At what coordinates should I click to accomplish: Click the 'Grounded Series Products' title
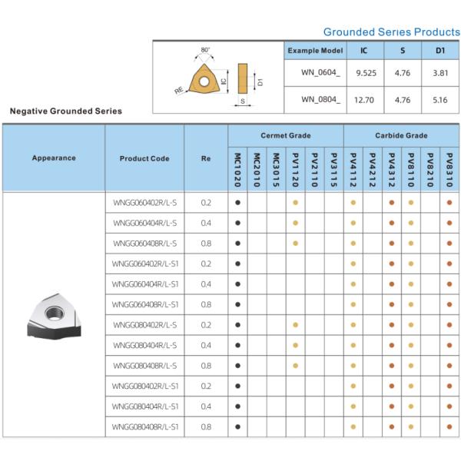coord(391,32)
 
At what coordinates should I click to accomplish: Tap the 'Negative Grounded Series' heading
coord(65,111)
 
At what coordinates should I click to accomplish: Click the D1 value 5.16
coord(440,99)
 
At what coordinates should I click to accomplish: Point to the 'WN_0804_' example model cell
coord(316,99)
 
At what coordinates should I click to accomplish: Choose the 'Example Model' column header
coord(315,51)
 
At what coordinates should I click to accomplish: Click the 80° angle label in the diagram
coord(205,50)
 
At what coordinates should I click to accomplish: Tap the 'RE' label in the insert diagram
coord(179,90)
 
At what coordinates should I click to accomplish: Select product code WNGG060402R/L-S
coord(144,203)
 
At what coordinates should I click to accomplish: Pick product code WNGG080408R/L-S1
coord(145,426)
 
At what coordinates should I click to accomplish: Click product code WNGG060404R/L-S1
coord(145,284)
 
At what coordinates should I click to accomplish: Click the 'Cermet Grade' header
coord(286,135)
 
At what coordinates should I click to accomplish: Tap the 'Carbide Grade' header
coord(401,135)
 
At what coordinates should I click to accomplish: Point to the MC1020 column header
coord(237,169)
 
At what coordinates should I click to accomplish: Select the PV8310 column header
coord(449,169)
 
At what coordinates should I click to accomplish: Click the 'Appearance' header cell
coord(54,158)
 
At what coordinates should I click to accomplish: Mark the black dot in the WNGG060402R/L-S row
coord(238,203)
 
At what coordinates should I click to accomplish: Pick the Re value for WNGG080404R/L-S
coord(205,345)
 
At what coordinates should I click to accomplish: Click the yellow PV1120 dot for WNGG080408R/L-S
coord(296,366)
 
